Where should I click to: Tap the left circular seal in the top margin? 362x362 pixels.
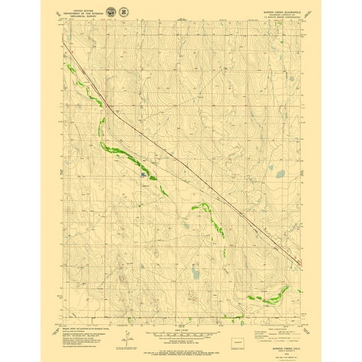click(x=111, y=12)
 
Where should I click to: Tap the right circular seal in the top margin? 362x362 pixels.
click(x=124, y=12)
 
